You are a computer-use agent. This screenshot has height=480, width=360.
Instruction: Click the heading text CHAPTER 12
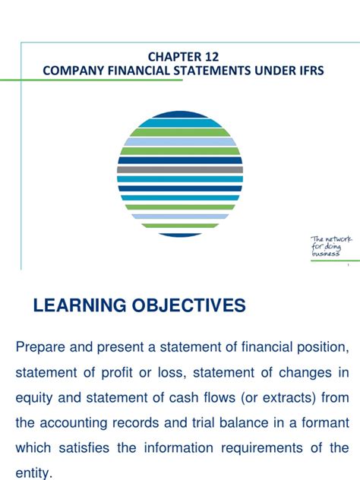coord(180,55)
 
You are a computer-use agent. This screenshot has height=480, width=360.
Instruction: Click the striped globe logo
coord(180,174)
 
